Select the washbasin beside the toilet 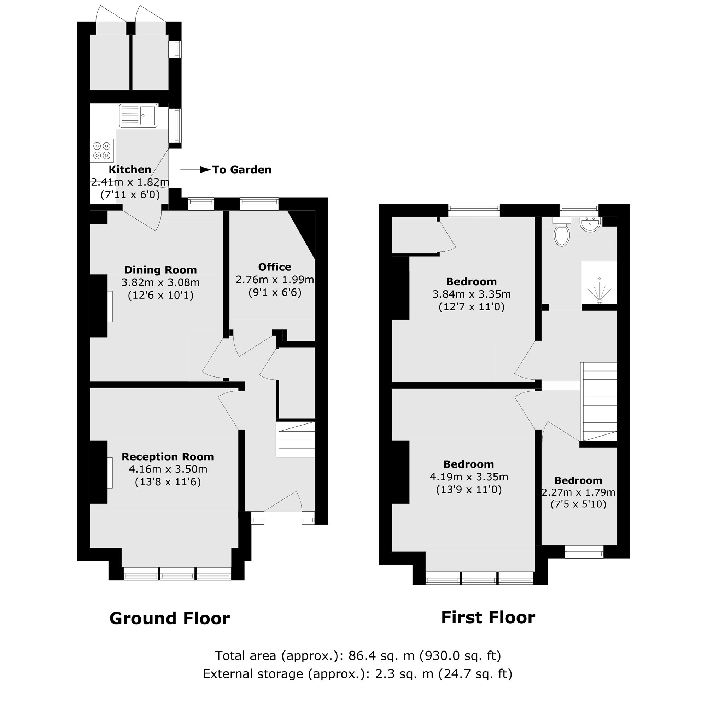590,224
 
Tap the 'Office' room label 274,267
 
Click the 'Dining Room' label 160,270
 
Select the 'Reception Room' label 168,457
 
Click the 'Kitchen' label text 130,169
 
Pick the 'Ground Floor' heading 169,618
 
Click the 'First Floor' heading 488,617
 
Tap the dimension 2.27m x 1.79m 578,492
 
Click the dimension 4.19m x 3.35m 468,477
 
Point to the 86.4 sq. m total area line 357,655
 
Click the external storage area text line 357,673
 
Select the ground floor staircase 296,439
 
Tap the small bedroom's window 584,552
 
